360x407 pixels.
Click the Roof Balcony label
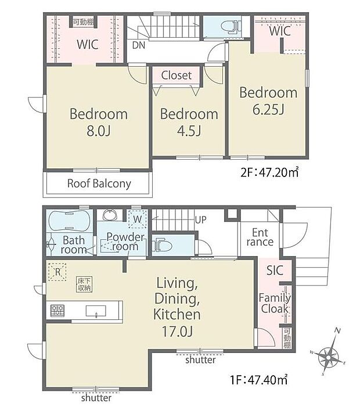tap(99, 184)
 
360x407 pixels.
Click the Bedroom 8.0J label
tap(99, 122)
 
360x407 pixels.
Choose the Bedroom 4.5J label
tap(189, 122)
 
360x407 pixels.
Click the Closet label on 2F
tap(176, 75)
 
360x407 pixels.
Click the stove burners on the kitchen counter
tap(58, 310)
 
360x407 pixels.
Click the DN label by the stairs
tap(139, 44)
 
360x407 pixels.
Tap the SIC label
tap(275, 269)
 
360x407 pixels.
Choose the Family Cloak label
tap(275, 303)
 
